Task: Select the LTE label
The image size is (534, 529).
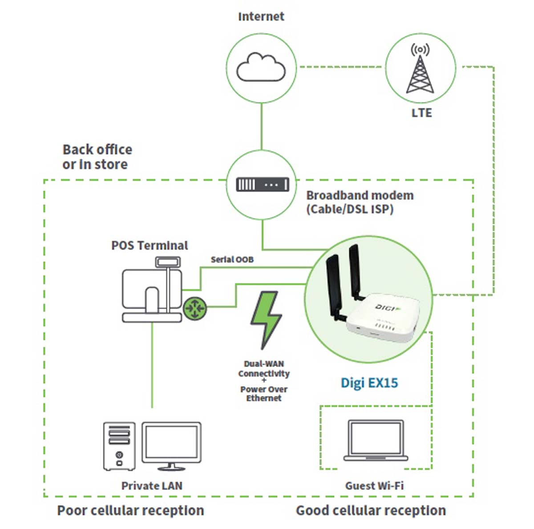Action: [421, 113]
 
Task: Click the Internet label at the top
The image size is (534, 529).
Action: [261, 16]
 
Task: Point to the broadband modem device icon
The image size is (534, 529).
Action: [263, 184]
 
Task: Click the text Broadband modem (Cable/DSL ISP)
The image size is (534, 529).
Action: [360, 202]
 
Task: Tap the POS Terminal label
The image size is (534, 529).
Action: [150, 245]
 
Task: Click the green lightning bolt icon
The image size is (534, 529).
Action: [266, 320]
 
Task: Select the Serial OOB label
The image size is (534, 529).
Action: [232, 259]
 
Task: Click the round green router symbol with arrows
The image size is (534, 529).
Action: [195, 308]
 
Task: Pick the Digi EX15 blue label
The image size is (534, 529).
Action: [369, 383]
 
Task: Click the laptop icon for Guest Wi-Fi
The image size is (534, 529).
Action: [376, 440]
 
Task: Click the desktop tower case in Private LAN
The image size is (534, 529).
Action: [119, 446]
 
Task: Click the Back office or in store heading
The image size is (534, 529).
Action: [97, 157]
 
